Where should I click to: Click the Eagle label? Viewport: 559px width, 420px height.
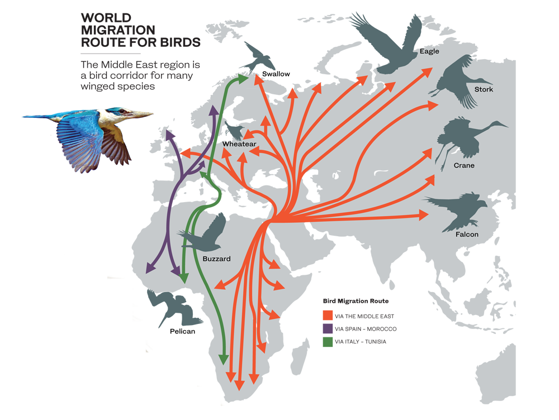click(x=429, y=51)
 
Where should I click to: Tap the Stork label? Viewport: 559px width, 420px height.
click(x=483, y=89)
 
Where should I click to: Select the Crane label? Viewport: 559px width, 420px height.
click(x=464, y=165)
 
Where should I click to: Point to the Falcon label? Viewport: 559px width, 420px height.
click(x=466, y=235)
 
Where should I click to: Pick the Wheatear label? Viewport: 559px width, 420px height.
click(x=239, y=144)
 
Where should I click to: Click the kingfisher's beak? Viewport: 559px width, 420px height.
click(x=143, y=114)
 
